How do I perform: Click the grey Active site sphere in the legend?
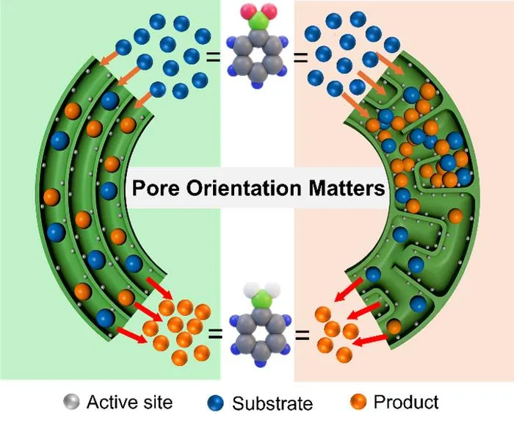pos(71,402)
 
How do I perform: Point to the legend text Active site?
pos(129,402)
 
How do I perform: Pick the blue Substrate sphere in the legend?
pos(215,403)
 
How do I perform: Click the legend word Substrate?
pos(272,403)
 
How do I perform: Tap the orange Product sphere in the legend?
pos(358,402)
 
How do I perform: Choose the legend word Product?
pos(406,402)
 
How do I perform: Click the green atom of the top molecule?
pos(258,22)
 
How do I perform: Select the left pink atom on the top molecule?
pos(248,12)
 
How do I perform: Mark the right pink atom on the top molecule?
pos(269,12)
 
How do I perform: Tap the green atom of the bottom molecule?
pos(260,300)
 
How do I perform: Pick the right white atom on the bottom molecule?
pos(272,290)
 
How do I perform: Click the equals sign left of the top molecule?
pos(213,58)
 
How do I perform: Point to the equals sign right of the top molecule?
pos(300,58)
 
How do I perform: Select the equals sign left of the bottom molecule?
pos(215,335)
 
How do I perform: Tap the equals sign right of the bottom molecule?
pos(303,335)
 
